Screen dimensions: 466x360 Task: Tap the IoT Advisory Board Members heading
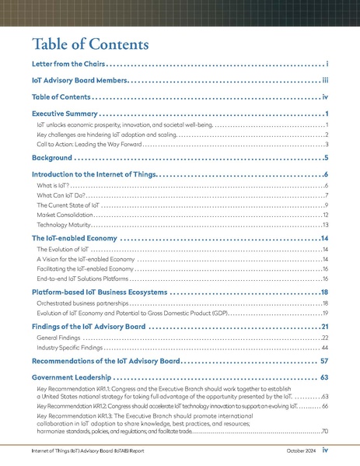[x=79, y=79]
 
